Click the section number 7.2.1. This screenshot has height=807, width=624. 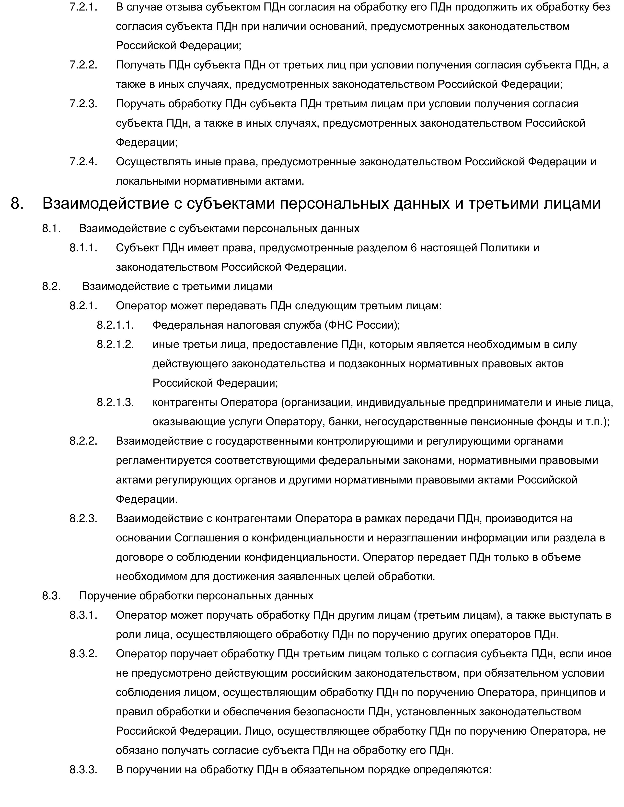pyautogui.click(x=83, y=7)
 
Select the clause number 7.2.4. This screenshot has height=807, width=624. pyautogui.click(x=83, y=162)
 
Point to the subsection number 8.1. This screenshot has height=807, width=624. pyautogui.click(x=51, y=228)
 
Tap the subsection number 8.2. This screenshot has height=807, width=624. pyautogui.click(x=51, y=286)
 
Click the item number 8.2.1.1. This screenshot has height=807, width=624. pyautogui.click(x=115, y=325)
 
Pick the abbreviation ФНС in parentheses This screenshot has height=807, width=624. pyautogui.click(x=341, y=325)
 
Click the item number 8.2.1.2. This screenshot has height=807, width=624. pyautogui.click(x=115, y=344)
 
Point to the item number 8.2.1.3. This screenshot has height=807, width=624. pyautogui.click(x=115, y=402)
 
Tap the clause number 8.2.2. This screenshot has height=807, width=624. pyautogui.click(x=83, y=441)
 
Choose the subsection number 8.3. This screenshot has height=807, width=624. pyautogui.click(x=51, y=596)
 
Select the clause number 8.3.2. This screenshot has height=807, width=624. pyautogui.click(x=83, y=654)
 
